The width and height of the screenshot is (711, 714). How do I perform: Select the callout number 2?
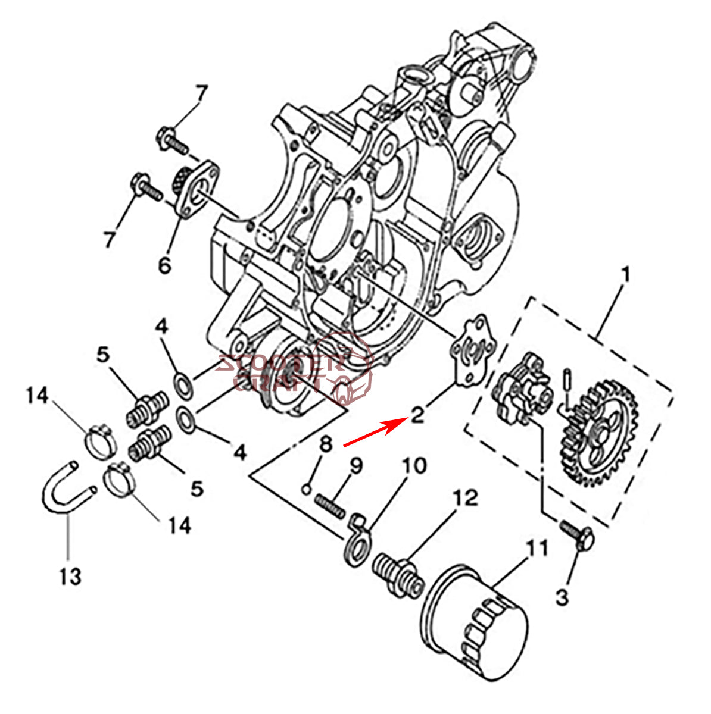pos(418,415)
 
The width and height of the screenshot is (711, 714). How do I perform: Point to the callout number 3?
pos(563,597)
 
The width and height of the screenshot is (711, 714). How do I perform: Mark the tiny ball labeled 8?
pos(305,489)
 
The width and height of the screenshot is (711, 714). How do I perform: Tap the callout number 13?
pos(70,576)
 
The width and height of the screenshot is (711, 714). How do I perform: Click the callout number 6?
pos(164,264)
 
